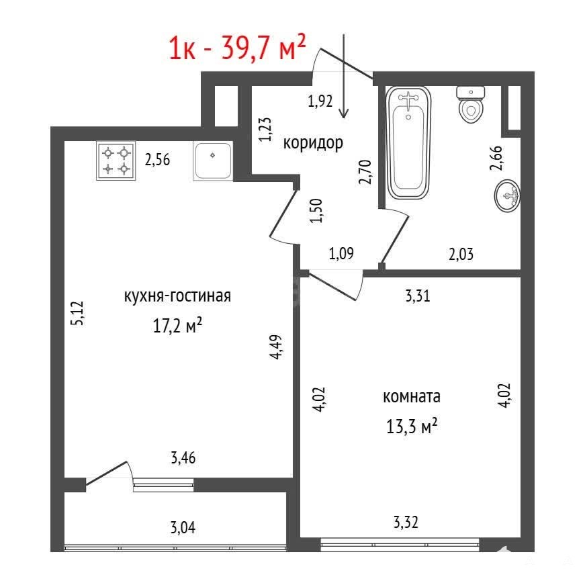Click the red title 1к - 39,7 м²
point(237,47)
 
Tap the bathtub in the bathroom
point(408,142)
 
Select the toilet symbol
point(471,105)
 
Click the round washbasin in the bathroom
point(507,196)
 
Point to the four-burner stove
point(116,161)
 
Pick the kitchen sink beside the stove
point(213,161)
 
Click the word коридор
point(313,142)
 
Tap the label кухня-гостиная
point(177,296)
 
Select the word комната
point(412,396)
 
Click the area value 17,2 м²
point(177,325)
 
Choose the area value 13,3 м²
point(412,426)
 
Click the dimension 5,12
point(79,314)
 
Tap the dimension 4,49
point(277,347)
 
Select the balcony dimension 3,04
point(183,528)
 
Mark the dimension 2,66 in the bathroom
point(496,159)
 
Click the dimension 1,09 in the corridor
point(341,254)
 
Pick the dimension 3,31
point(418,296)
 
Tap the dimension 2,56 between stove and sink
point(157,160)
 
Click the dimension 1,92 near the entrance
point(320,101)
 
